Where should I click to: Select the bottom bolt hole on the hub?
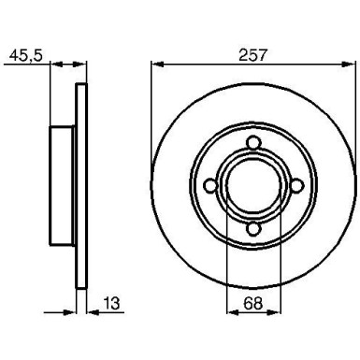point(253,230)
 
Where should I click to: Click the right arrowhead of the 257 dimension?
point(353,65)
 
